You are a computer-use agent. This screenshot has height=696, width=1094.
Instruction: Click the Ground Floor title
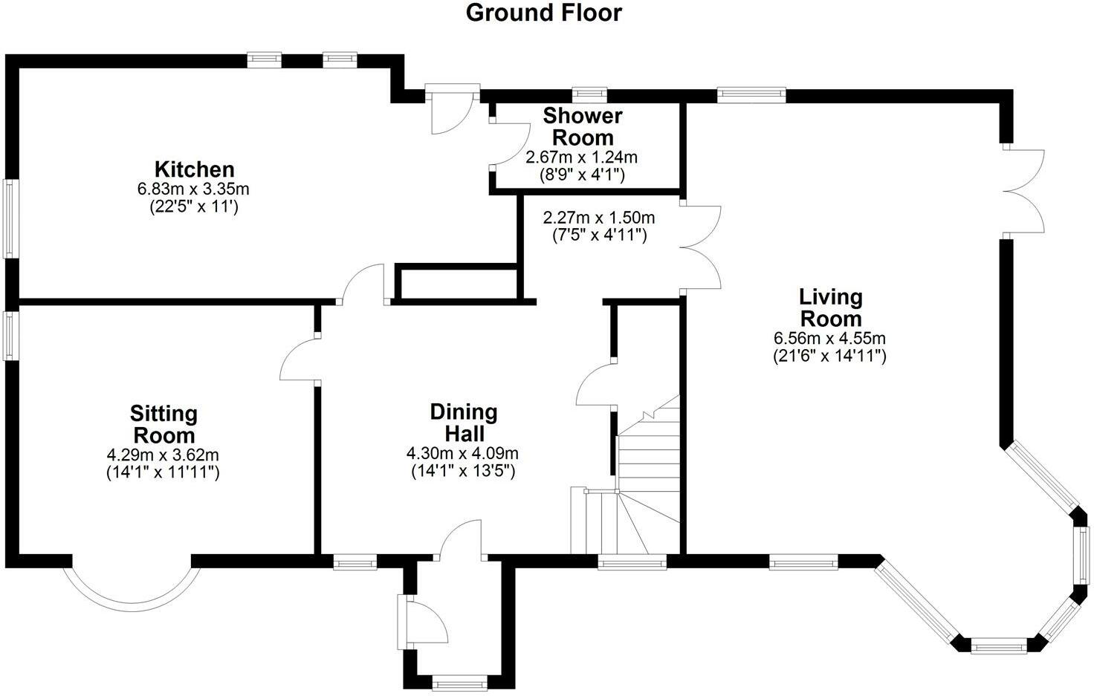point(543,13)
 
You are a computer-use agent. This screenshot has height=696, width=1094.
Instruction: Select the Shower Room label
point(582,126)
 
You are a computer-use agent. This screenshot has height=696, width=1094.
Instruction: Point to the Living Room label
point(830,308)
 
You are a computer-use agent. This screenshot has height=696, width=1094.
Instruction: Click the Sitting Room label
point(163,424)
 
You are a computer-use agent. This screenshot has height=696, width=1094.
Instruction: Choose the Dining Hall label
point(463,423)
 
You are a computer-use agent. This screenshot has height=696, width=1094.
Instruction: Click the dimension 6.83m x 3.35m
point(193,189)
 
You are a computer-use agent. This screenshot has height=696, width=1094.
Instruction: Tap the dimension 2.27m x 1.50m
point(599,218)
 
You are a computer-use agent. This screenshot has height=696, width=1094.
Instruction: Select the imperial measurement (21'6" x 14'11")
point(829,357)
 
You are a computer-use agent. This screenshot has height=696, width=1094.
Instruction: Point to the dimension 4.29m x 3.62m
point(163,455)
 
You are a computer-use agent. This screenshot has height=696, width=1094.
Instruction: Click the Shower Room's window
point(589,94)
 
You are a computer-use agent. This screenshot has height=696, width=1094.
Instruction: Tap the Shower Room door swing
point(510,144)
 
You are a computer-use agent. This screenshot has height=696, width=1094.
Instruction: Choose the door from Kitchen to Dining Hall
point(362,284)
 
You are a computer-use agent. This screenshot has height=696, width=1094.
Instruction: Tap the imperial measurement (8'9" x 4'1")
point(581,175)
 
